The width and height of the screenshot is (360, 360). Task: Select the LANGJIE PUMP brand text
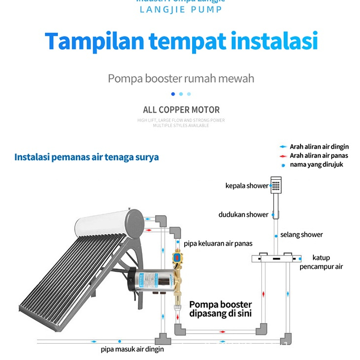181,9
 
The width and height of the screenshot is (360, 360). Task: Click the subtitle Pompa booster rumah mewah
181,78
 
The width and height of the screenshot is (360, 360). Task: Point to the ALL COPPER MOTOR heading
181,109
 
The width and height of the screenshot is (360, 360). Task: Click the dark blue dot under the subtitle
173,94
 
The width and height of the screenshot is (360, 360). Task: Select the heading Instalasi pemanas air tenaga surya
87,157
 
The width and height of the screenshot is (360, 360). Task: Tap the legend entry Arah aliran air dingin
319,147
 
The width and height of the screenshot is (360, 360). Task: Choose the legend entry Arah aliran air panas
318,155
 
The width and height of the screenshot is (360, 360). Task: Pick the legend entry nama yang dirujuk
316,164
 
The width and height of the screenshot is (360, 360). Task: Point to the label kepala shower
247,186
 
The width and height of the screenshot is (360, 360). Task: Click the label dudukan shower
243,214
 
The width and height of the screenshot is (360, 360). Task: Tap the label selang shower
301,235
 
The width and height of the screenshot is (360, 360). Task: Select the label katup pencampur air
321,262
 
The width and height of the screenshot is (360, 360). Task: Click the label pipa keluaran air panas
218,243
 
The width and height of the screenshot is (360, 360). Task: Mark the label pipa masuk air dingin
132,349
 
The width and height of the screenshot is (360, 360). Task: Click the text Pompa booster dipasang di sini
220,309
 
